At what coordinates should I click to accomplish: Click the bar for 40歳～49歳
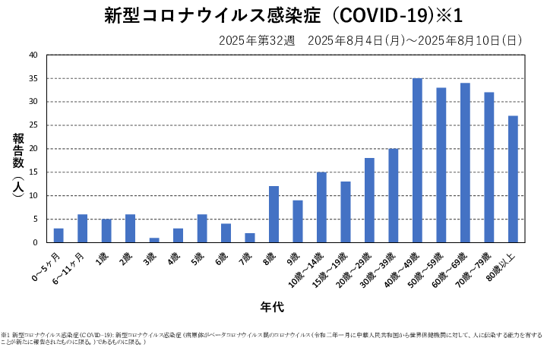[417, 160]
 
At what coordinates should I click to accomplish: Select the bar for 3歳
[154, 240]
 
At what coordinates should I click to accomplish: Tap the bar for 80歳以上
[513, 179]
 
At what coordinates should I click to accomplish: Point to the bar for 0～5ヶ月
[58, 235]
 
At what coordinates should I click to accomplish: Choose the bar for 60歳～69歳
[465, 163]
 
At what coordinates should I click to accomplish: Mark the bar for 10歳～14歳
[321, 207]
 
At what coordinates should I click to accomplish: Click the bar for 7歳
[250, 238]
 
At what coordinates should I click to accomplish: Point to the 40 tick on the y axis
[33, 55]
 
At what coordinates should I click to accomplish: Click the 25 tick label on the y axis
[33, 125]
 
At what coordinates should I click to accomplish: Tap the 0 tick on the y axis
[35, 242]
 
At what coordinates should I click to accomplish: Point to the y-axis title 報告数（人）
[17, 166]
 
